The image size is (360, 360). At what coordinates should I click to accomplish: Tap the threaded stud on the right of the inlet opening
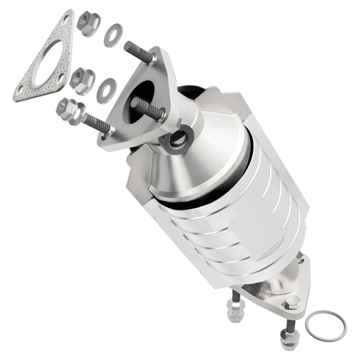tap(150, 109)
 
